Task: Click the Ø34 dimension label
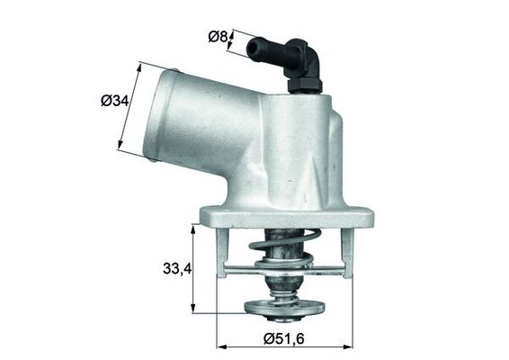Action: [114, 102]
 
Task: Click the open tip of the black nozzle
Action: [251, 42]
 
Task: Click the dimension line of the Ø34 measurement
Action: [132, 105]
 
